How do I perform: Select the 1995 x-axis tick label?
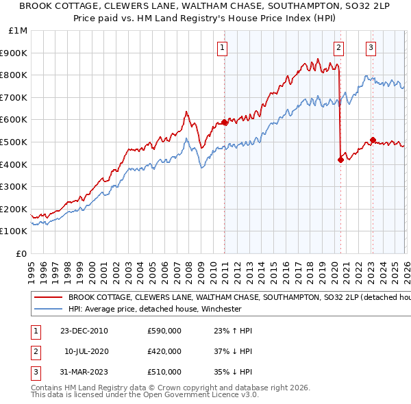32,267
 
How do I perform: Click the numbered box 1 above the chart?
224,47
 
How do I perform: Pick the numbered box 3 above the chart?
371,47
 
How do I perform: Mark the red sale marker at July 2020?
340,160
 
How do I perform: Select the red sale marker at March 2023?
373,140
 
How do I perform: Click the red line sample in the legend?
49,298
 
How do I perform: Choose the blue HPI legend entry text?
155,309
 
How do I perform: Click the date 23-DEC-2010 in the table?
84,331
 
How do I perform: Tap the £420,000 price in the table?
164,351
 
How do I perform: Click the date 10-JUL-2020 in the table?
86,351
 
